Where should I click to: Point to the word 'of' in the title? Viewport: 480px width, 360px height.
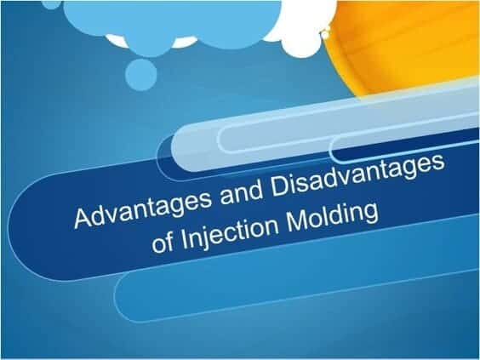coord(163,242)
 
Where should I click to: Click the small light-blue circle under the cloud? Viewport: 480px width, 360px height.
coord(141,75)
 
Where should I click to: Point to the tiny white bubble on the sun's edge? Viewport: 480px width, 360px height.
coord(325,34)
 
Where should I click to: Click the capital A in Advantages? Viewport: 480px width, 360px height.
coord(84,218)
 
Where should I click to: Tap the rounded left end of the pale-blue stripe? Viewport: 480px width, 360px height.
coord(179,150)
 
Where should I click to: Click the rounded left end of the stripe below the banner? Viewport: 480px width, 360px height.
coord(121,297)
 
